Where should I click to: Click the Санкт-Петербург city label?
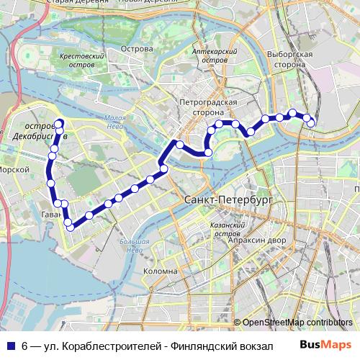click(x=228, y=199)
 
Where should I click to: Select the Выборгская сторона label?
click(x=289, y=59)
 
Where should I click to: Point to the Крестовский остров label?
click(x=84, y=60)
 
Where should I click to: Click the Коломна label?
click(x=161, y=271)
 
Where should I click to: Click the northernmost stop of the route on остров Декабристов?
click(x=59, y=122)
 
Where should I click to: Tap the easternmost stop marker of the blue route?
click(x=311, y=123)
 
